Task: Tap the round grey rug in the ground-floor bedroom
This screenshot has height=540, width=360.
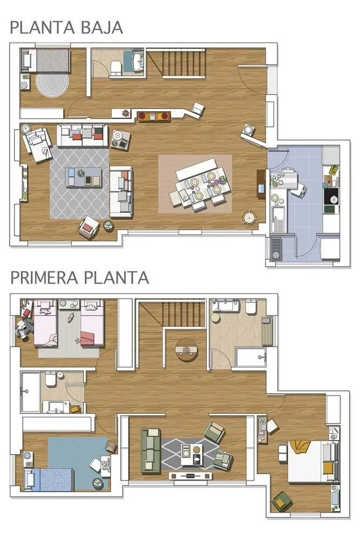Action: (52, 84)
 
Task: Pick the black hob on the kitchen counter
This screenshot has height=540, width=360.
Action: (330, 197)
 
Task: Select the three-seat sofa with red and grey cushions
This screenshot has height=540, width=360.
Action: (83, 135)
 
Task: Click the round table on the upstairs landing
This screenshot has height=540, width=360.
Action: (186, 349)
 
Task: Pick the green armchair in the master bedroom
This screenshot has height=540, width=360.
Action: (281, 502)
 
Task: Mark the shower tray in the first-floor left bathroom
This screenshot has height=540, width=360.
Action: (30, 391)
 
